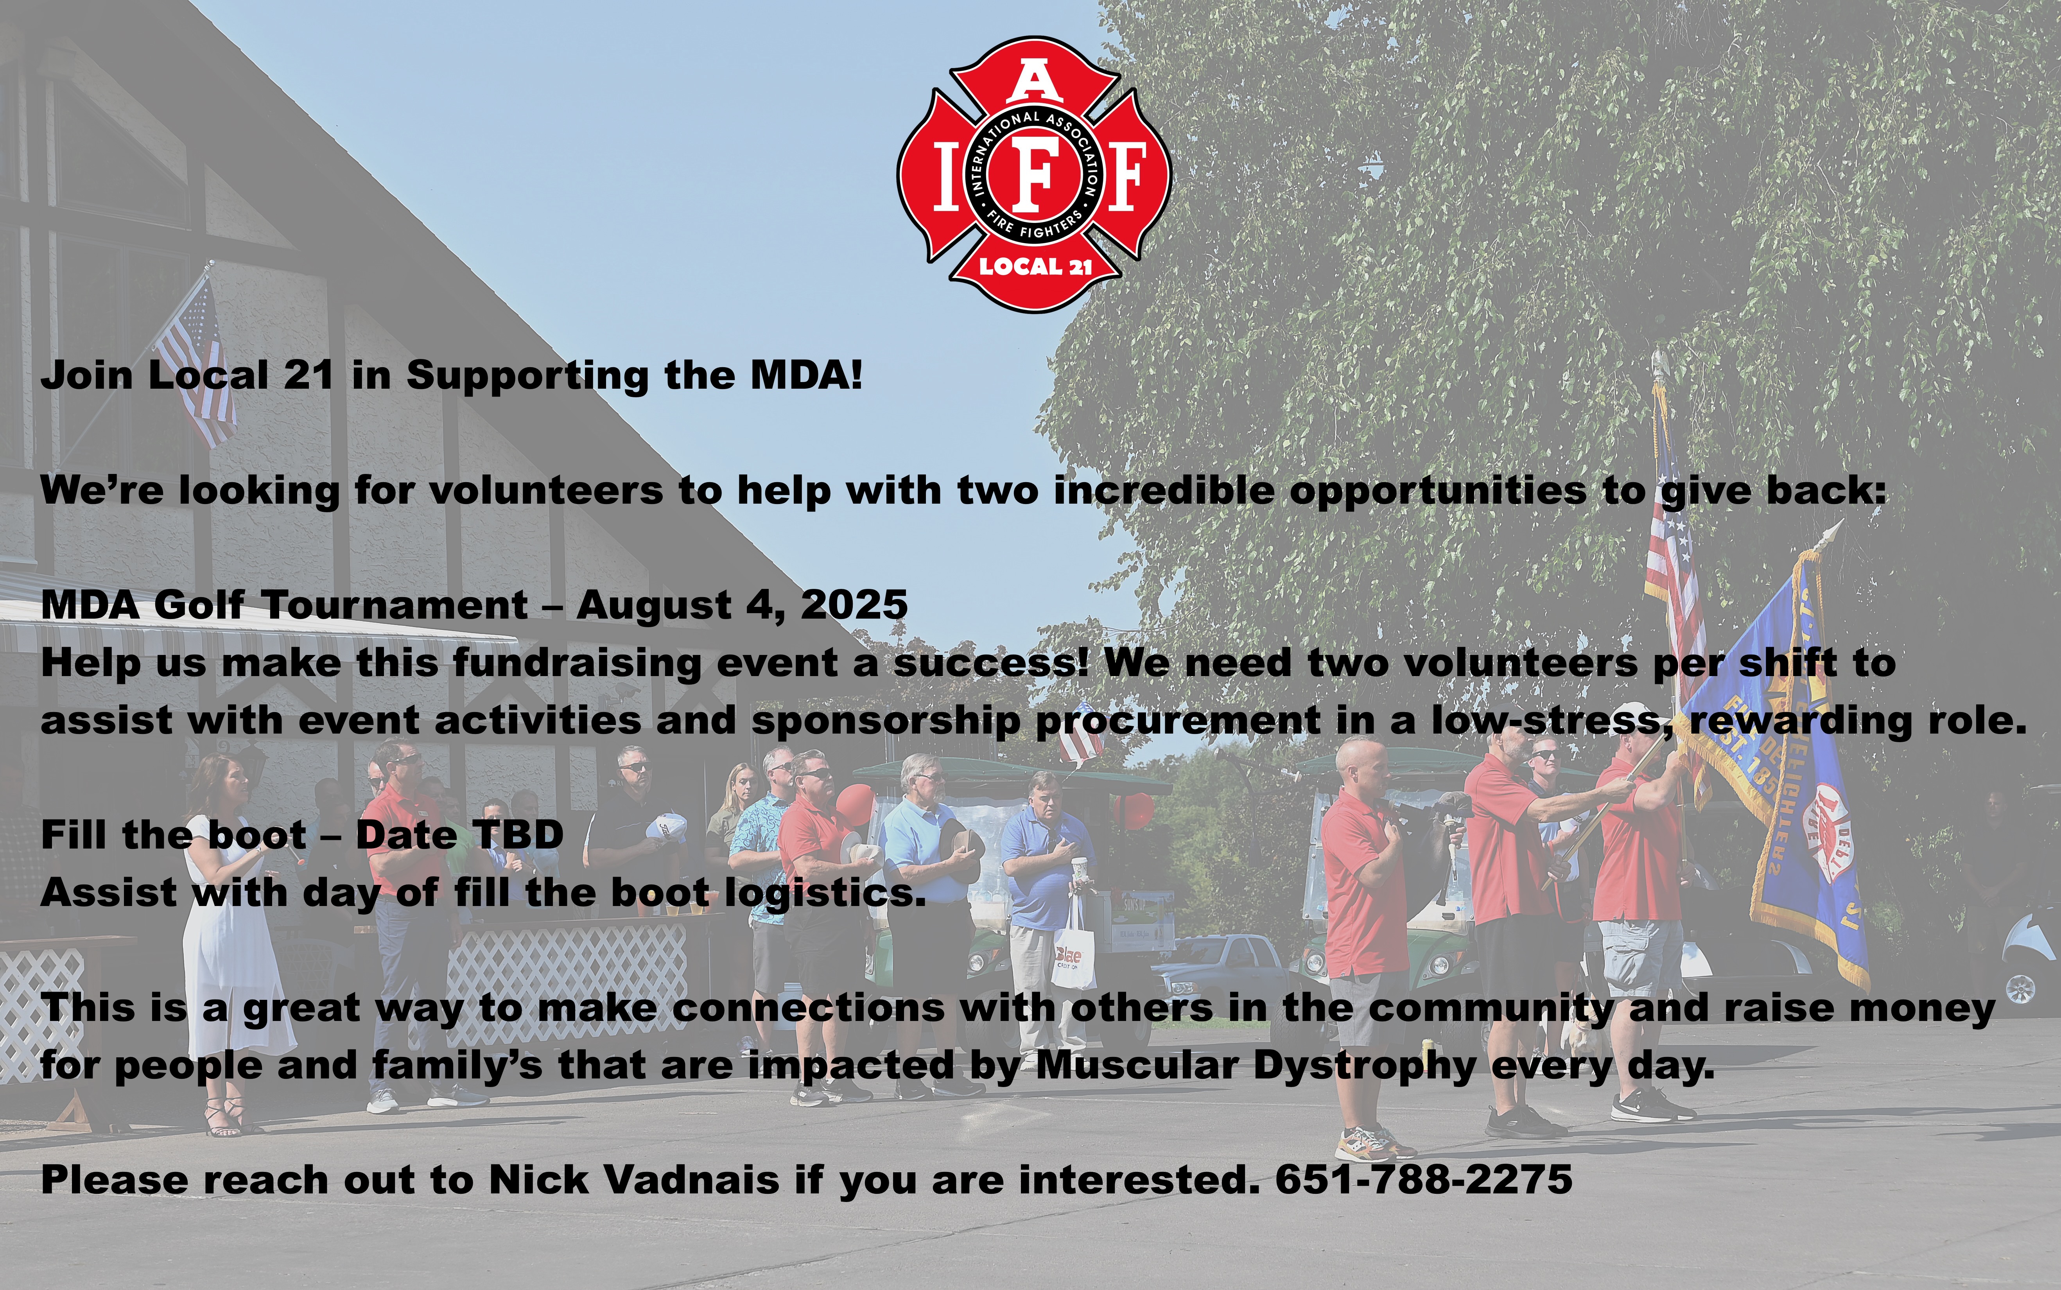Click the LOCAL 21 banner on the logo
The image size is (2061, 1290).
tap(1035, 266)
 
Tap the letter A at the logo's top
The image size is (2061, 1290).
tap(1034, 83)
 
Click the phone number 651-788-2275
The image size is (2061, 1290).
tap(1424, 1180)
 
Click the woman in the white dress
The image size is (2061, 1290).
tap(230, 938)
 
